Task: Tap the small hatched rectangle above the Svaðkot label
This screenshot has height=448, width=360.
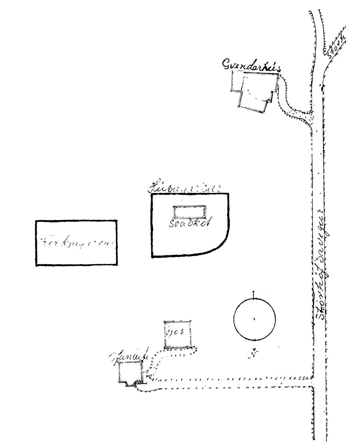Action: (189, 212)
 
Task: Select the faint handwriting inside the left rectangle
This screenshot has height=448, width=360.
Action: (76, 242)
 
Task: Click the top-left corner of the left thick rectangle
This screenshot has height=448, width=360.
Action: (37, 221)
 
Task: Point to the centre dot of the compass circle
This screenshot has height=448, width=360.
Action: (254, 318)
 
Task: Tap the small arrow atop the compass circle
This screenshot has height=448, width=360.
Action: (254, 294)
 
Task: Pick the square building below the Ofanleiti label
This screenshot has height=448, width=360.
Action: (130, 372)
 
